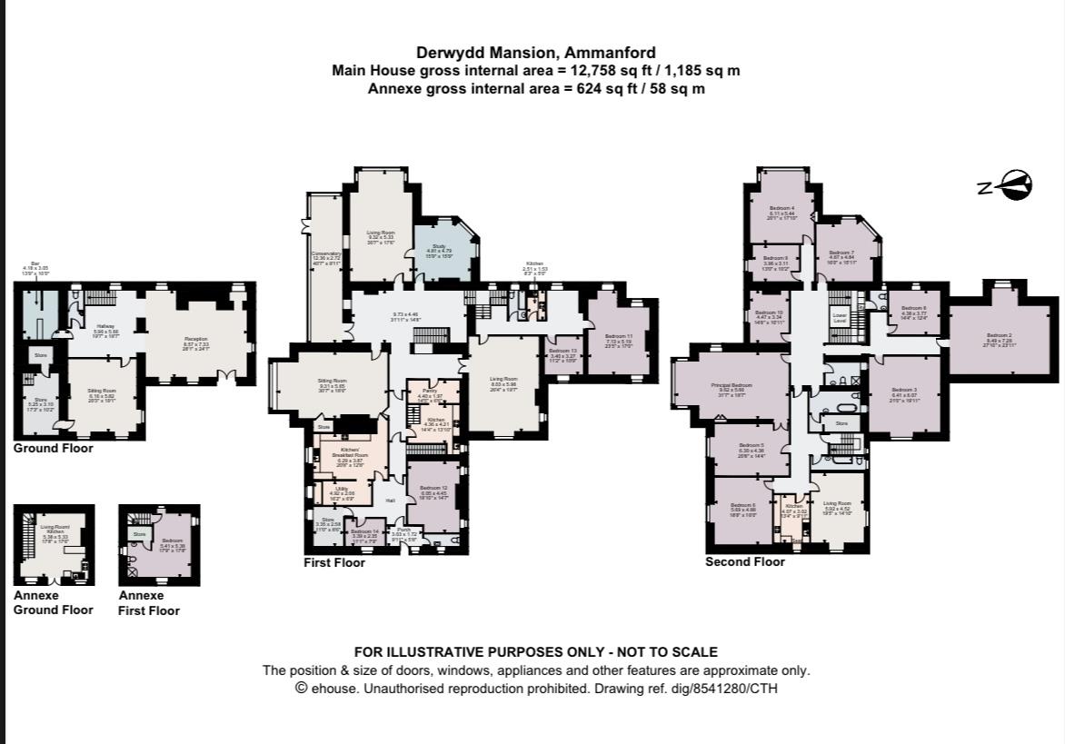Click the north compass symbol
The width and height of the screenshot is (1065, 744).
point(1011,186)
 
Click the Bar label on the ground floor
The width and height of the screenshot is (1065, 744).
point(37,265)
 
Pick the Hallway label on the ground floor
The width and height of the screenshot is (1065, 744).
point(107,325)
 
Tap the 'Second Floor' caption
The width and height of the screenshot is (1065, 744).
point(744,561)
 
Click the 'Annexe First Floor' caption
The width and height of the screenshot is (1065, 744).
point(148,603)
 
